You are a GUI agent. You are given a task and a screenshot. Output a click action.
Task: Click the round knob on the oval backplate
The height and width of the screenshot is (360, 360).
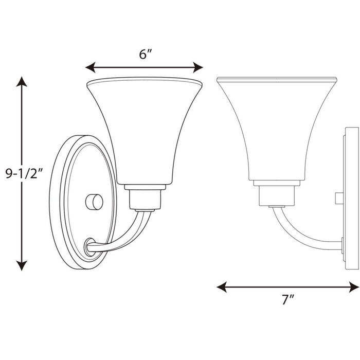tap(94, 202)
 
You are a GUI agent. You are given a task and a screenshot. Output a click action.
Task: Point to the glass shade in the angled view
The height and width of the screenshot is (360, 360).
tap(144, 129)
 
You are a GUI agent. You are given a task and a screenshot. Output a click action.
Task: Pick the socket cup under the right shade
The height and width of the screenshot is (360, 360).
tap(277, 195)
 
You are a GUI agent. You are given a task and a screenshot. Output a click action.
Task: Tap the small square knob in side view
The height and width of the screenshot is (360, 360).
tap(338, 198)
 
